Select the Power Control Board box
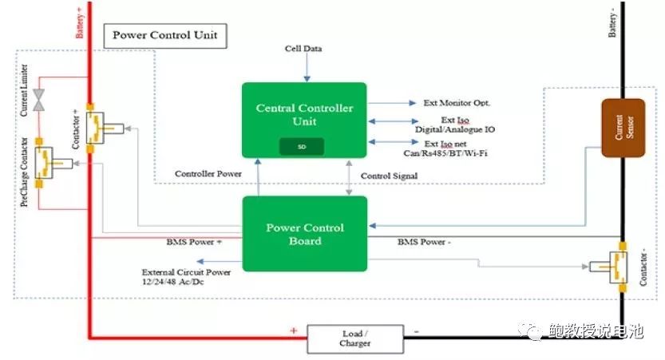304,233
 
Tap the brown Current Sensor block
623,127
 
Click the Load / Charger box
354,338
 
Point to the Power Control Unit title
164,35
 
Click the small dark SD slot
301,146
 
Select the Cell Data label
303,49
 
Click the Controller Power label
208,173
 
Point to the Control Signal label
390,176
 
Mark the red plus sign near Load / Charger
293,330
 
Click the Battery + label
79,25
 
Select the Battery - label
613,23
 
